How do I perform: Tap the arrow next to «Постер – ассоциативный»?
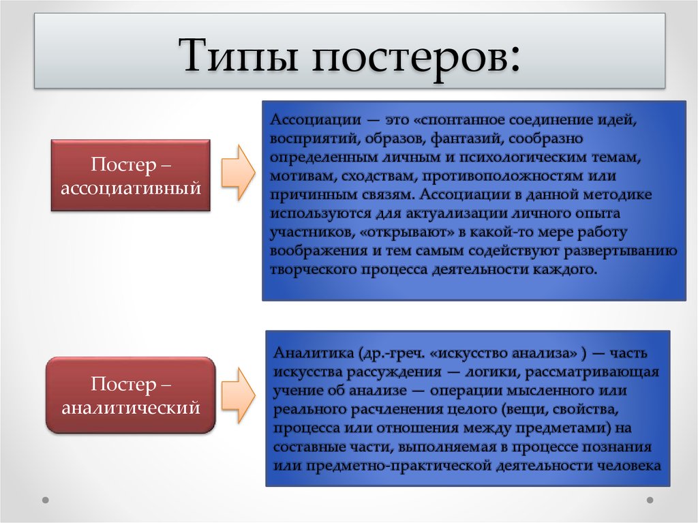(239, 173)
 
